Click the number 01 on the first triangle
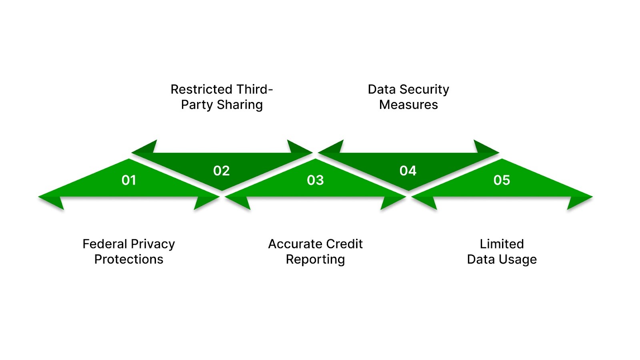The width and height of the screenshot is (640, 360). [129, 180]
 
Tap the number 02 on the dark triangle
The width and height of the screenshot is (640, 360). [221, 171]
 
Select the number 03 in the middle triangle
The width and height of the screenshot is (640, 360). [315, 180]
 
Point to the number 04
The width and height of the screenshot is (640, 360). [408, 171]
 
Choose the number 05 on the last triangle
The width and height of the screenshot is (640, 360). [502, 180]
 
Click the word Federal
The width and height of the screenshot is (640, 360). [104, 244]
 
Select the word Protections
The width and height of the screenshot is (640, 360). [129, 260]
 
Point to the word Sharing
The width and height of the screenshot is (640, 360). [240, 105]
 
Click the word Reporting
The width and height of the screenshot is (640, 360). [315, 260]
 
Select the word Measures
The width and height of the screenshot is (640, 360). [408, 105]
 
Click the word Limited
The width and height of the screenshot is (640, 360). [502, 244]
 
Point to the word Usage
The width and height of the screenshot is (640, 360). [518, 260]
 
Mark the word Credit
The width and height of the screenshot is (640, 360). [344, 244]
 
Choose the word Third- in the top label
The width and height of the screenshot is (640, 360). [254, 89]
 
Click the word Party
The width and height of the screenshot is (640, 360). [197, 105]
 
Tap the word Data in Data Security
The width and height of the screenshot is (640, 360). [382, 89]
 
